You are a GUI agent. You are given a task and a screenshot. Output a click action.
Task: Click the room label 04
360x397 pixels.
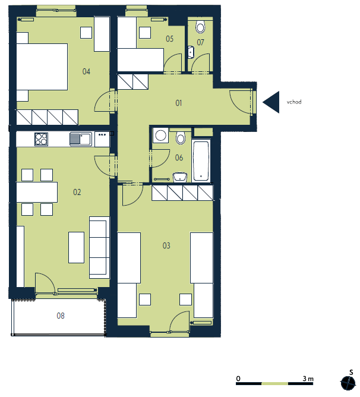tap(86, 72)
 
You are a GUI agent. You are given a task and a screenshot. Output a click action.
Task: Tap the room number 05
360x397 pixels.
tap(170, 39)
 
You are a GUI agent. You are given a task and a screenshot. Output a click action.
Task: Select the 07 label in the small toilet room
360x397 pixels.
tap(200, 42)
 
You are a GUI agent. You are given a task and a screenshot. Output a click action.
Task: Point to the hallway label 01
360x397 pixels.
tap(178, 103)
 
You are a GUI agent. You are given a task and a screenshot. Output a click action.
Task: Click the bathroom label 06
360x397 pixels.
tap(179, 157)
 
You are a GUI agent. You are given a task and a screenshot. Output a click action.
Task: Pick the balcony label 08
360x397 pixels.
tap(61, 316)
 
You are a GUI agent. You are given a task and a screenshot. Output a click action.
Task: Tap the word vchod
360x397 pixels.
tap(294, 102)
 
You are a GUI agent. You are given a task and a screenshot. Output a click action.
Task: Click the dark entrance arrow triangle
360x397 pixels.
tap(271, 102)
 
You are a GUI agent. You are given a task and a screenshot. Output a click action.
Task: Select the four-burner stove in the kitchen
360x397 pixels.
tap(41, 139)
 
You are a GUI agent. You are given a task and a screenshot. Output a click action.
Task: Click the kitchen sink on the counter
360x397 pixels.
tap(81, 139)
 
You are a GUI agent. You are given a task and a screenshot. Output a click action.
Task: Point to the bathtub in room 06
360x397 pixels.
tap(201, 161)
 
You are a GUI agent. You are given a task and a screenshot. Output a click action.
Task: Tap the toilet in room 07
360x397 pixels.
tap(200, 26)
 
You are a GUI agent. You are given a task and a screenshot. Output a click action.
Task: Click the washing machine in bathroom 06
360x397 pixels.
tap(160, 135)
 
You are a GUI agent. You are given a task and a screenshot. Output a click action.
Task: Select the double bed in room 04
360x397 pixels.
tap(42, 67)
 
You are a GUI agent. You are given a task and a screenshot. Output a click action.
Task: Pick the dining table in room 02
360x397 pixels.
tap(37, 192)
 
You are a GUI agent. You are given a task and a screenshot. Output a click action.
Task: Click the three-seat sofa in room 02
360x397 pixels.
tap(99, 247)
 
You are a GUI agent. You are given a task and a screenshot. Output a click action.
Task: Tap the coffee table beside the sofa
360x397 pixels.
tap(76, 248)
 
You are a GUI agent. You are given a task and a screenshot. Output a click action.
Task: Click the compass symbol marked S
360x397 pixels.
tap(348, 383)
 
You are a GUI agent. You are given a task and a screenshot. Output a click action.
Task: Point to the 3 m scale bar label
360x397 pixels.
tap(308, 379)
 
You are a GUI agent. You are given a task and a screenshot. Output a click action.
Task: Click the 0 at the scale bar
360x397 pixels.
tap(238, 379)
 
